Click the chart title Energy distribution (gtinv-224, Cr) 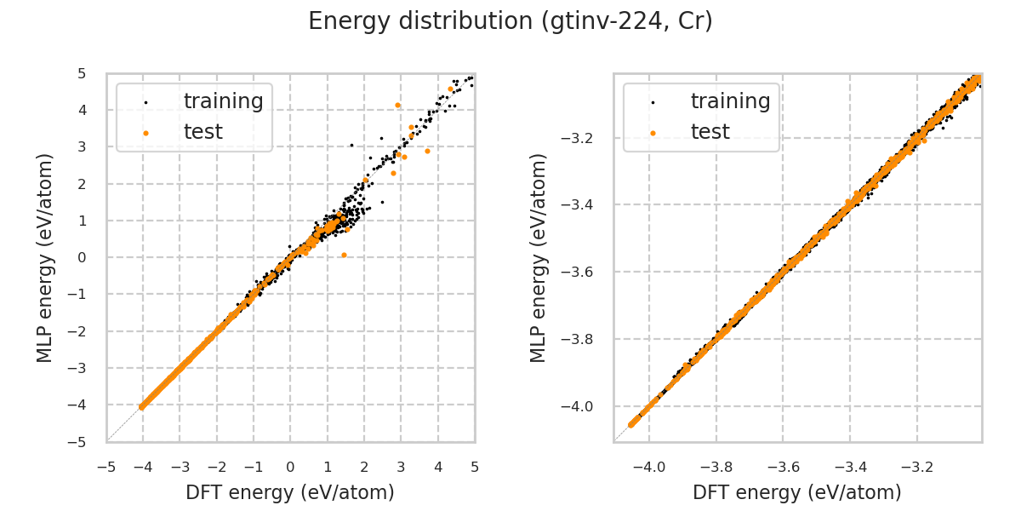coord(510,21)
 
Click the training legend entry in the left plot coord(223,101)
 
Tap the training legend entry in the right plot coord(730,101)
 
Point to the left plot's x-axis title coord(290,492)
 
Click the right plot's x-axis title coord(797,492)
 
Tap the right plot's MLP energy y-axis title coord(539,257)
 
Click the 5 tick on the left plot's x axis coord(475,468)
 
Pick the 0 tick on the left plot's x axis coord(290,468)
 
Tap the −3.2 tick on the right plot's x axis coord(916,468)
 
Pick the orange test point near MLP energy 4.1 coord(397,105)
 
